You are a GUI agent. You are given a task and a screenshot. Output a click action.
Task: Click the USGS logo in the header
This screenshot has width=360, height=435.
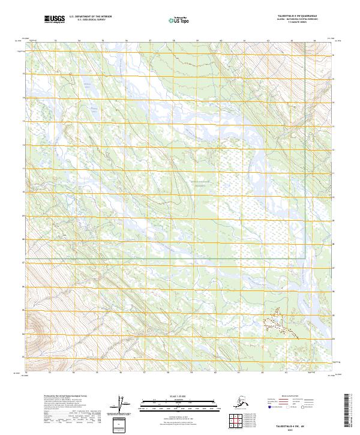53,20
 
